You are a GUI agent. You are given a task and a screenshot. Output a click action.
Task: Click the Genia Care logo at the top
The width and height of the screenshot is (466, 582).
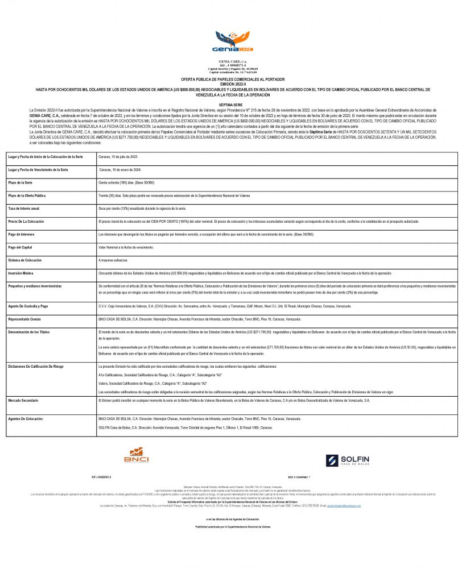(233, 42)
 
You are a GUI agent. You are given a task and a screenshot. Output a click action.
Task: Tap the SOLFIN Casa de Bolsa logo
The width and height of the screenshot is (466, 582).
(348, 460)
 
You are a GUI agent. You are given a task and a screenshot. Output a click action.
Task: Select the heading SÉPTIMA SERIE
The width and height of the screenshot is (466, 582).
(233, 105)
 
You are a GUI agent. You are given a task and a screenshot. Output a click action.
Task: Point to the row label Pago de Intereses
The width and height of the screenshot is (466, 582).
(24, 234)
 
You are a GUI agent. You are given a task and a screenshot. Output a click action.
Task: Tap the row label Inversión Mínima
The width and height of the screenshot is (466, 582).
(23, 273)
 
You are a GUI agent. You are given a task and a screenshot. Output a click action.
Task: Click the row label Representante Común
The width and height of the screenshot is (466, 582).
(27, 319)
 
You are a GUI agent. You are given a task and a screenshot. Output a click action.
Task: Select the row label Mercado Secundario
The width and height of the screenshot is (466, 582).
(26, 401)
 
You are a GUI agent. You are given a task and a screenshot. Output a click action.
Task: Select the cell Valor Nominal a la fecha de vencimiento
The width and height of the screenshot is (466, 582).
(126, 247)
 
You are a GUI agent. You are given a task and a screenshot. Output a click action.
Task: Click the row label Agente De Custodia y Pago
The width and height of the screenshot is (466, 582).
(32, 306)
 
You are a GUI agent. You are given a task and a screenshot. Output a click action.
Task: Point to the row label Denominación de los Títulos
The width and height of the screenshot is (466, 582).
(34, 331)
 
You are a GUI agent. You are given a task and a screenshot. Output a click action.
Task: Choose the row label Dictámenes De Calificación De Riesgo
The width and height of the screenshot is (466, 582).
(39, 366)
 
